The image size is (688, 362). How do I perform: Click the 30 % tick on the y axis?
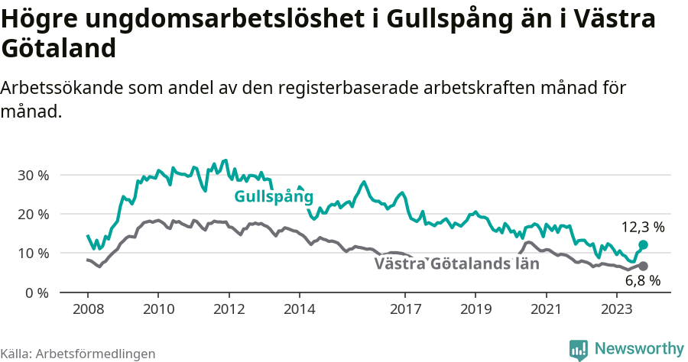pyautogui.click(x=33, y=175)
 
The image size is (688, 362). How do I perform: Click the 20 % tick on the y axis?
pyautogui.click(x=33, y=214)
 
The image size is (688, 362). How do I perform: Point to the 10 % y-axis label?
pyautogui.click(x=33, y=253)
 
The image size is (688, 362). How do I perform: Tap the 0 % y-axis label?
pyautogui.click(x=37, y=293)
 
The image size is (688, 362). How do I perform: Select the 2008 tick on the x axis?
pyautogui.click(x=87, y=309)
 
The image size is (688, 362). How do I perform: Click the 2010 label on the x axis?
pyautogui.click(x=158, y=309)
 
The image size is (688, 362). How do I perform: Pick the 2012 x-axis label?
pyautogui.click(x=229, y=309)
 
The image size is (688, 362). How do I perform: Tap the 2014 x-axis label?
pyautogui.click(x=300, y=309)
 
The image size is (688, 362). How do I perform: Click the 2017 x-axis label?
pyautogui.click(x=405, y=309)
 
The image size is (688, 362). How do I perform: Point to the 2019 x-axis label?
pyautogui.click(x=475, y=309)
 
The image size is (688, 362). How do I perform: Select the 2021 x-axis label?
pyautogui.click(x=547, y=309)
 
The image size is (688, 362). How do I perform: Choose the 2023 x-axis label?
pyautogui.click(x=617, y=309)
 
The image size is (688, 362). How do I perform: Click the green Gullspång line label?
pyautogui.click(x=274, y=197)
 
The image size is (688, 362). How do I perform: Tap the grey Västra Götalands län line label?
pyautogui.click(x=456, y=264)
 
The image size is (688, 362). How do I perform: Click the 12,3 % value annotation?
pyautogui.click(x=642, y=227)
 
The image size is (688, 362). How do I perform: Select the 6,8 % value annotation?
pyautogui.click(x=642, y=281)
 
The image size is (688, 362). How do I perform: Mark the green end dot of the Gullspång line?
pyautogui.click(x=643, y=244)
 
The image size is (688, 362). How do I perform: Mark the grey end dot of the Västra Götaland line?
pyautogui.click(x=643, y=266)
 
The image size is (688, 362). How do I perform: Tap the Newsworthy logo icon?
pyautogui.click(x=579, y=349)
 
